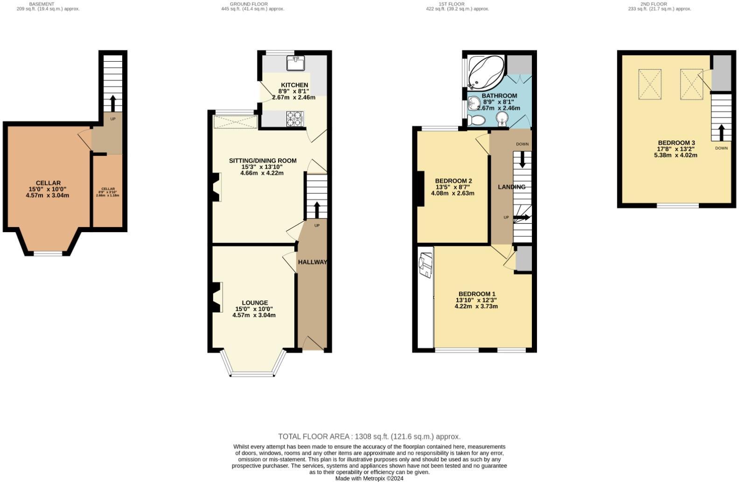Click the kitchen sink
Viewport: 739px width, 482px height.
click(295, 63)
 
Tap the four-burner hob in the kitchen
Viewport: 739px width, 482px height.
click(294, 119)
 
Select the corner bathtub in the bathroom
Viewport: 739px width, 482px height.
click(486, 73)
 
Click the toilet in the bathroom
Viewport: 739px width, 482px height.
click(477, 120)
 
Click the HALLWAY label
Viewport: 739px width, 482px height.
click(312, 262)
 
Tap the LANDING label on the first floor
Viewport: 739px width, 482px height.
click(511, 187)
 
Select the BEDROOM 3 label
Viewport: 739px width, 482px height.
click(676, 143)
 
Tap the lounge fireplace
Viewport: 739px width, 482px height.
click(216, 298)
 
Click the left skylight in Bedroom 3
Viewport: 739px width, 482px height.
click(649, 84)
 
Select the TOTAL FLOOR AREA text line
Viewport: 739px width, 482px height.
click(369, 437)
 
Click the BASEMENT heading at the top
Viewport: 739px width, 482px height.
click(42, 4)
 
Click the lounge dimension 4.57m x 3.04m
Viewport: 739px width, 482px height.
click(254, 315)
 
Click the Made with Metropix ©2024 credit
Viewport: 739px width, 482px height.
click(369, 478)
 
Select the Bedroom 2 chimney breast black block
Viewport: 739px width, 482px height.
click(420, 188)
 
